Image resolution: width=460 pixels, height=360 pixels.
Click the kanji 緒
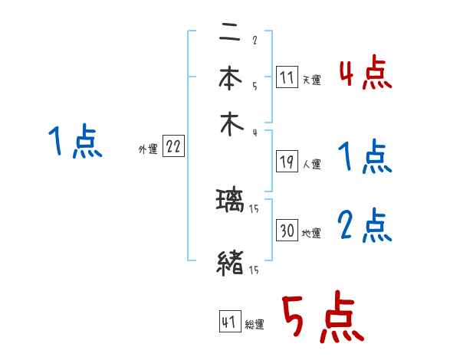pyautogui.click(x=230, y=264)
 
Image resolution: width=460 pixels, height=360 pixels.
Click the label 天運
pyautogui.click(x=311, y=80)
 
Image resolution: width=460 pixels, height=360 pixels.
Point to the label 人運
pyautogui.click(x=311, y=164)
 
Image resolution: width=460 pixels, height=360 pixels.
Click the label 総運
pyautogui.click(x=255, y=325)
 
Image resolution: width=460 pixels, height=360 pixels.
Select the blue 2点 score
pyautogui.click(x=364, y=226)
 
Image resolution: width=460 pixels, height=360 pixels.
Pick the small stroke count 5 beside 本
pyautogui.click(x=254, y=87)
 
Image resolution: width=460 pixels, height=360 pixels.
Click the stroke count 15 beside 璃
pyautogui.click(x=254, y=209)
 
